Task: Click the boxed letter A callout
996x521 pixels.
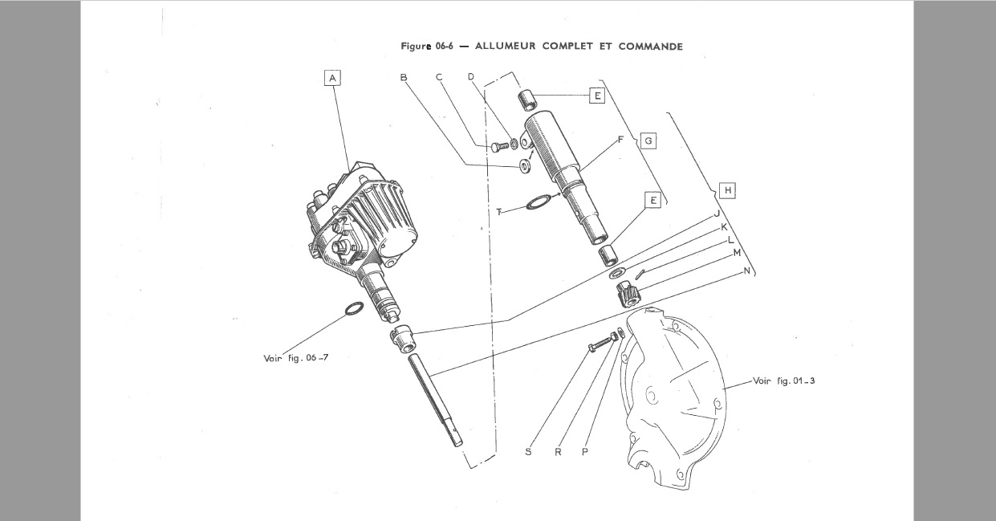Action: point(332,77)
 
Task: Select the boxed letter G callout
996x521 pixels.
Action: point(648,141)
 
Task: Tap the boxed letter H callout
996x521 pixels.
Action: point(727,190)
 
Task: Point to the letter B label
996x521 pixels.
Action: point(404,77)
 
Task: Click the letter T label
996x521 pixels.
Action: point(499,212)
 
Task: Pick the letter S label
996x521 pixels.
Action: point(528,452)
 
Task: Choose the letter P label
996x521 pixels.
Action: point(585,452)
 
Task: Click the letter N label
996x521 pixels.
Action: point(747,271)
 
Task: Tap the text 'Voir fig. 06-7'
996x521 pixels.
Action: point(295,358)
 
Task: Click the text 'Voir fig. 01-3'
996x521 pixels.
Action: point(783,381)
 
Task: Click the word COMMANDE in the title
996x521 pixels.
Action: point(650,47)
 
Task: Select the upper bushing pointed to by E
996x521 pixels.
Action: point(526,100)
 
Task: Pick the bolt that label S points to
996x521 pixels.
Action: point(600,345)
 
